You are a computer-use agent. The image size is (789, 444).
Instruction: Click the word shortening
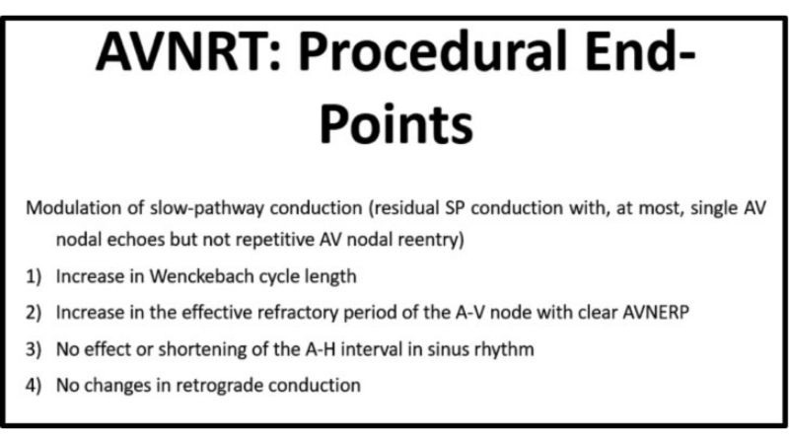click(x=183, y=348)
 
